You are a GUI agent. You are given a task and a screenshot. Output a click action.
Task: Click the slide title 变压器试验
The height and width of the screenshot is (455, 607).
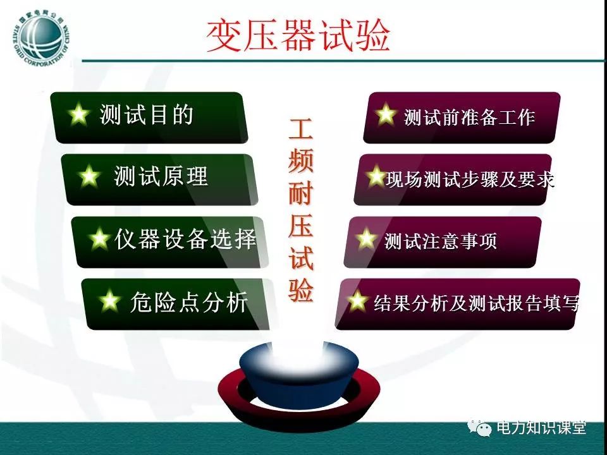[298, 36]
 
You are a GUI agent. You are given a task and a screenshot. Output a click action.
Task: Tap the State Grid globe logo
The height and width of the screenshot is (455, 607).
[40, 40]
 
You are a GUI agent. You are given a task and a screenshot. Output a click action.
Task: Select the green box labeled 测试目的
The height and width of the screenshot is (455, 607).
[149, 118]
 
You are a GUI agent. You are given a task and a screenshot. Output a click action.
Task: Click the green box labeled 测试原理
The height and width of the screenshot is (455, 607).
[159, 179]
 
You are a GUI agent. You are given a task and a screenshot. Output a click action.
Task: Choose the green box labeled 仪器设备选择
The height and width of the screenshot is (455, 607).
[169, 242]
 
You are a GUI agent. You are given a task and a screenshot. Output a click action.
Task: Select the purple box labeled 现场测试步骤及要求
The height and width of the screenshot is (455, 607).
[453, 179]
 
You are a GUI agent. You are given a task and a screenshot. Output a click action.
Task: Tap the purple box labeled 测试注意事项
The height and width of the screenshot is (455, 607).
[443, 242]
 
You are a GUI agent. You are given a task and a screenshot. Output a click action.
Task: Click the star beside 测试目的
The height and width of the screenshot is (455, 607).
[78, 114]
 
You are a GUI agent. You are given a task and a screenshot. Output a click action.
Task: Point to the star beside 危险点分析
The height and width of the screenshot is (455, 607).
[109, 301]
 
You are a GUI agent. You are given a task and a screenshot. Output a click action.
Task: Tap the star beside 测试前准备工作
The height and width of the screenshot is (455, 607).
[385, 114]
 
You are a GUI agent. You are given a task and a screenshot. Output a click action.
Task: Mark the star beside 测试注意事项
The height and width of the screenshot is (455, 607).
[366, 238]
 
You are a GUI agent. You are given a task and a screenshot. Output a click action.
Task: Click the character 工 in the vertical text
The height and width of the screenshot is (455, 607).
[300, 130]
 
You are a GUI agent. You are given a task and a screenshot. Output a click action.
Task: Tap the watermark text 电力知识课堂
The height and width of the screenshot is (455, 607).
[541, 428]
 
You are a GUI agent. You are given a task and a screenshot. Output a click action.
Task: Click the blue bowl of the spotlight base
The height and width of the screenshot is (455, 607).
[299, 373]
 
